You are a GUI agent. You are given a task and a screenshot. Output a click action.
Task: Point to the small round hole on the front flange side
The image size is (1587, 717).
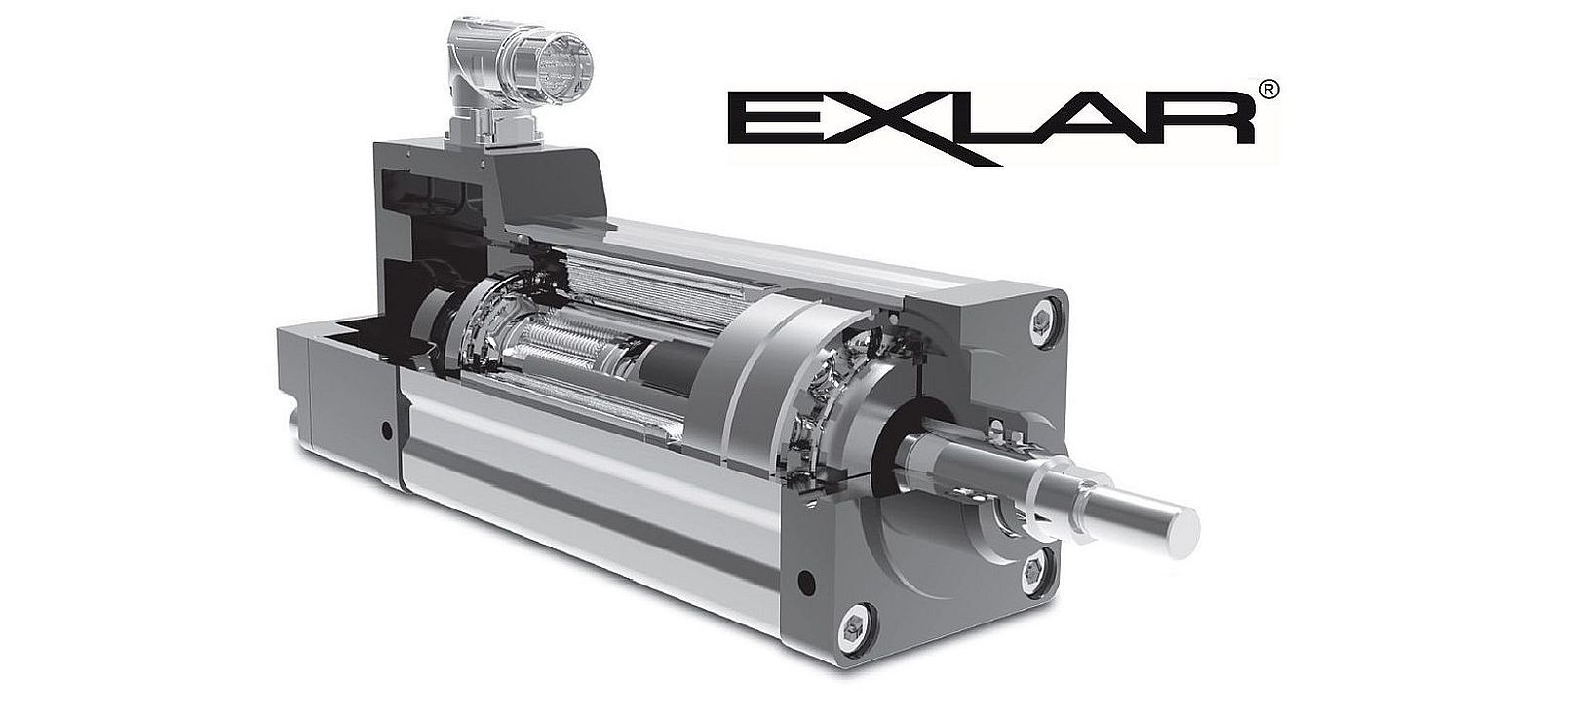click(x=804, y=583)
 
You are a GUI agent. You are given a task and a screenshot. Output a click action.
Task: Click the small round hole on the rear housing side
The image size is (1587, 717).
click(x=388, y=429)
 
